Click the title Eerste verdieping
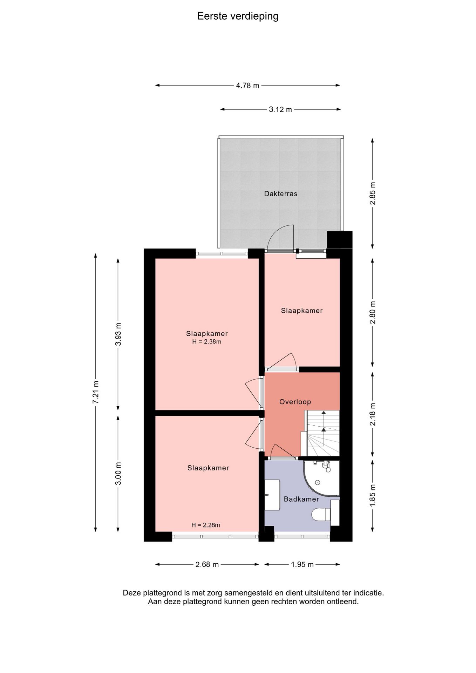238,16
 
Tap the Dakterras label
281,193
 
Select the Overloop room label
295,402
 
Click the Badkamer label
301,499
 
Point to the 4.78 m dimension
247,85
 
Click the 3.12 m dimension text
280,109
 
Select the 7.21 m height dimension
95,392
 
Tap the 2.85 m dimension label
373,193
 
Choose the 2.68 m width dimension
207,564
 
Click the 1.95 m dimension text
302,564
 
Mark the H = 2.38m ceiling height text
207,342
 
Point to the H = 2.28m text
206,525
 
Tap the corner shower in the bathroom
321,478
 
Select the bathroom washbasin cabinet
272,495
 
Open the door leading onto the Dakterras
280,238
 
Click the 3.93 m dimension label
118,334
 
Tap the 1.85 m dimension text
373,495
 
